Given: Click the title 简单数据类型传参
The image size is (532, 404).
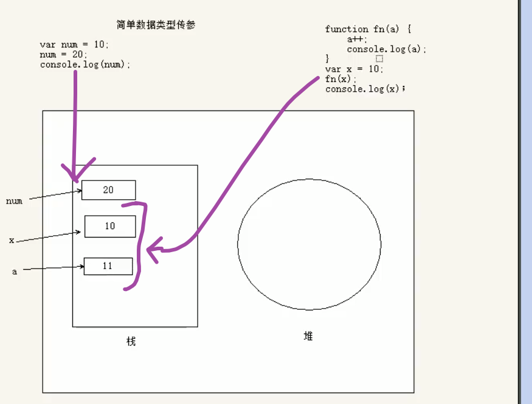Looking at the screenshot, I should click(x=156, y=25).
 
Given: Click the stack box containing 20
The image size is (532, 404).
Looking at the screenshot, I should click(x=108, y=190).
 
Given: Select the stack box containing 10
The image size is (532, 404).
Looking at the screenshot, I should click(x=109, y=226).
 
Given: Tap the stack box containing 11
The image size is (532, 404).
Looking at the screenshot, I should click(x=108, y=266).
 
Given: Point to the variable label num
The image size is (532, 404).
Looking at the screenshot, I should click(x=14, y=201).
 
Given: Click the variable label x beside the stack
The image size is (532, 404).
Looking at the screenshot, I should click(x=12, y=241).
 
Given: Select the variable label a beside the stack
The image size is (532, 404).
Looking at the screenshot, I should click(x=15, y=272).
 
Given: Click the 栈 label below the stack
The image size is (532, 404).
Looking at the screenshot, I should click(x=131, y=341).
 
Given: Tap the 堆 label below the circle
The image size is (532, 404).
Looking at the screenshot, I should click(x=308, y=336).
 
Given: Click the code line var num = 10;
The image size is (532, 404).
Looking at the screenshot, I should click(x=74, y=44).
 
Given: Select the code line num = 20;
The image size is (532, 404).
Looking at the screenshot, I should click(x=64, y=54).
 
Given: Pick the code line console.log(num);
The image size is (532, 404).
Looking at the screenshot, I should click(x=85, y=64).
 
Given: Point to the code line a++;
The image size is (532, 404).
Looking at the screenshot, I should click(x=358, y=39).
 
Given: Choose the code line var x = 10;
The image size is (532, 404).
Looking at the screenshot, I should click(x=354, y=69).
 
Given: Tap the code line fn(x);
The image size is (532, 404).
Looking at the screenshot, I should click(x=340, y=79).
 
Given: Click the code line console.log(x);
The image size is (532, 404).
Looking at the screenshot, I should click(x=365, y=89).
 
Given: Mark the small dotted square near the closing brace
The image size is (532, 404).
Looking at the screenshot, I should click(x=379, y=59).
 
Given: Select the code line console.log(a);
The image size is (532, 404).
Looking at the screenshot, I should click(x=386, y=49).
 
